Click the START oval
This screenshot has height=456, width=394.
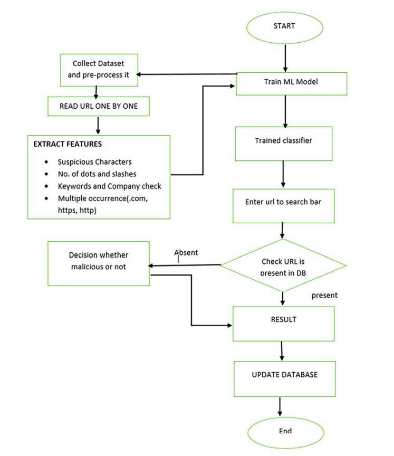[285, 27]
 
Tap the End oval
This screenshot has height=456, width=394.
[285, 431]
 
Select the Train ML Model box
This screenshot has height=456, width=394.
[291, 83]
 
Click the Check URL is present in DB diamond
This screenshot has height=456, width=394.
[283, 265]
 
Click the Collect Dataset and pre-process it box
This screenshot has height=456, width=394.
[98, 70]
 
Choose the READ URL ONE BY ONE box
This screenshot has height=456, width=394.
[98, 106]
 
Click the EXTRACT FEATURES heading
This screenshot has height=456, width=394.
[68, 144]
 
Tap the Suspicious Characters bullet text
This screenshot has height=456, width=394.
[94, 162]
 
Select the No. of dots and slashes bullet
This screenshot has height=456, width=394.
[97, 174]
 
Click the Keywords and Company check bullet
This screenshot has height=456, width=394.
[109, 186]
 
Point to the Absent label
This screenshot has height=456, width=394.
[186, 253]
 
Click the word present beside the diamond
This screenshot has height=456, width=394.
[324, 296]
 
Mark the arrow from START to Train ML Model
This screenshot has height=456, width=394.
[285, 58]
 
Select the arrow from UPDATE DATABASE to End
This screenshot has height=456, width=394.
[280, 406]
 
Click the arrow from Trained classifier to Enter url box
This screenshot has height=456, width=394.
[283, 174]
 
